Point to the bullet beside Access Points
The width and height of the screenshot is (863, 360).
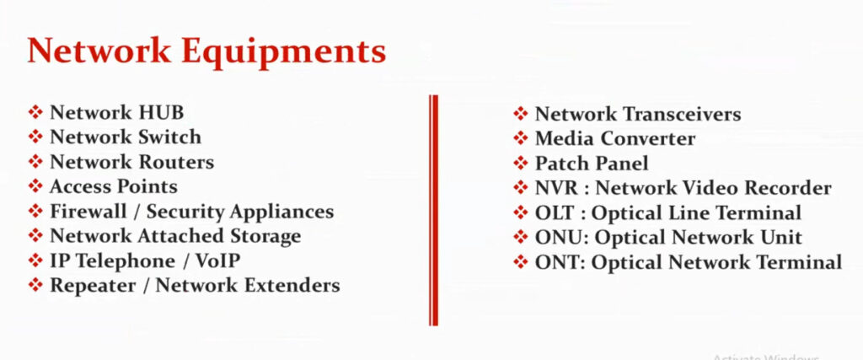(x=35, y=186)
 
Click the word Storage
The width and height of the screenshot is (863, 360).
(x=265, y=236)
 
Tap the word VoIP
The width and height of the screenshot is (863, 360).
(x=218, y=261)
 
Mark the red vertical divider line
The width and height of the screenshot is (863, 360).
(x=434, y=210)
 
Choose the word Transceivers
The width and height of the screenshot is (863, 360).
(x=682, y=115)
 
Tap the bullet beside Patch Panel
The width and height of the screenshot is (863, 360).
(x=521, y=163)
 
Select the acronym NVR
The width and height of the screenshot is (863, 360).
(x=556, y=188)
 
